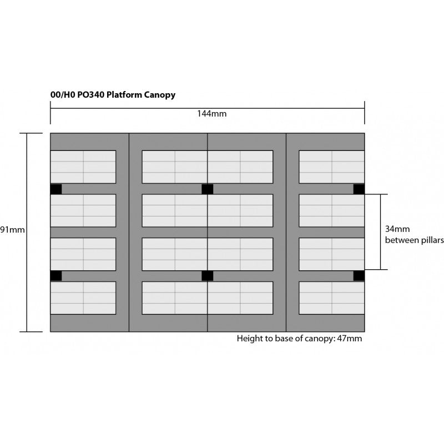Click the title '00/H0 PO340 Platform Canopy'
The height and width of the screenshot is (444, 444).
[x=113, y=95]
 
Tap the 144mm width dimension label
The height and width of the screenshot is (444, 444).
[x=211, y=114]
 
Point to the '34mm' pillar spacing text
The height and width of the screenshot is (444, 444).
[x=397, y=229]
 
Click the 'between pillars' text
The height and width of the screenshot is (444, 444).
[x=415, y=240]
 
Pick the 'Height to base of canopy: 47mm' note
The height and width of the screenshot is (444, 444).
[x=299, y=338]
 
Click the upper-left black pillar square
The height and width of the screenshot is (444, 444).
[x=56, y=189]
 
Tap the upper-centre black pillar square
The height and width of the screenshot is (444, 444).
[x=207, y=189]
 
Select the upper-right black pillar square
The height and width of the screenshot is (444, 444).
[x=359, y=189]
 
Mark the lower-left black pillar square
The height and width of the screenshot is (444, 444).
[x=56, y=276]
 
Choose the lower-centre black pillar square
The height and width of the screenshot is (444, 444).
[x=207, y=276]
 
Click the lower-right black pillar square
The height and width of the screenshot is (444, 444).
[x=359, y=276]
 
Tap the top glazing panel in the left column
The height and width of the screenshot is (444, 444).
[x=83, y=167]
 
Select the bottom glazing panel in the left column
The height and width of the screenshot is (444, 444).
[x=83, y=298]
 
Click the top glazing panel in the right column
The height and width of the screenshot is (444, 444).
[x=332, y=167]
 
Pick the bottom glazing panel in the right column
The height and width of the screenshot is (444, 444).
[x=332, y=298]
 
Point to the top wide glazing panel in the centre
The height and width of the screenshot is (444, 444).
[x=208, y=167]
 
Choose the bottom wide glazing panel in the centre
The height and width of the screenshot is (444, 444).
[x=208, y=298]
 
